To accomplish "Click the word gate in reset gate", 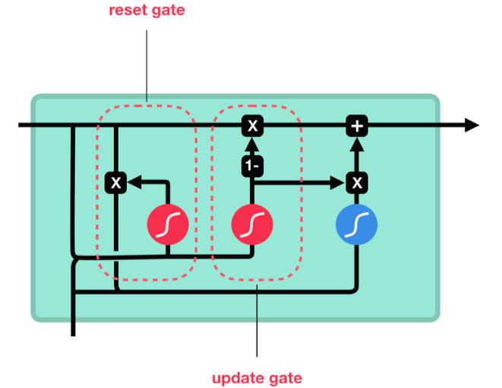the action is pyautogui.click(x=168, y=11).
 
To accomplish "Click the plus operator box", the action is pyautogui.click(x=357, y=126).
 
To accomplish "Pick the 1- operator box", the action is pyautogui.click(x=253, y=166).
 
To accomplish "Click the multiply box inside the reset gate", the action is pyautogui.click(x=116, y=183).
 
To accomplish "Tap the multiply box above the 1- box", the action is pyautogui.click(x=253, y=126).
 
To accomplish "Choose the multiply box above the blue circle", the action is pyautogui.click(x=357, y=183).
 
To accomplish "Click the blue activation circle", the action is pyautogui.click(x=357, y=224).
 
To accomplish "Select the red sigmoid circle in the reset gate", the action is pyautogui.click(x=168, y=224).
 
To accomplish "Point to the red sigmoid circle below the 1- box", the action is pyautogui.click(x=252, y=224).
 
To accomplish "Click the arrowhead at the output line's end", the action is pyautogui.click(x=472, y=125).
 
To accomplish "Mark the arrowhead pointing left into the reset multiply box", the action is pyautogui.click(x=134, y=183).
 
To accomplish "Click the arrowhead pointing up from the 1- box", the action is pyautogui.click(x=253, y=145).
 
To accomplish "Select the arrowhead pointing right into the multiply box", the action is pyautogui.click(x=337, y=183).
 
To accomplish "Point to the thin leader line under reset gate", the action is pyautogui.click(x=147, y=65).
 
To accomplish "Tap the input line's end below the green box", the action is pyautogui.click(x=74, y=336).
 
